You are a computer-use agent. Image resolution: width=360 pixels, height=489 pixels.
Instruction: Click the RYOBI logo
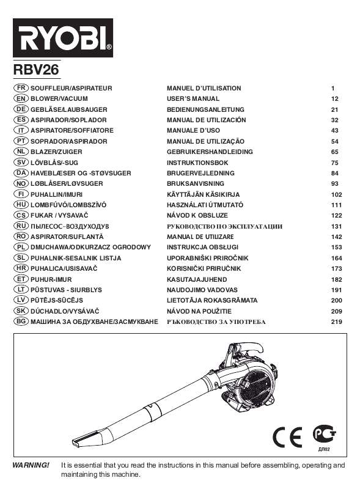pos(62,38)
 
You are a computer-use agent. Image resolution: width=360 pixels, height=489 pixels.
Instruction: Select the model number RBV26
pos(36,71)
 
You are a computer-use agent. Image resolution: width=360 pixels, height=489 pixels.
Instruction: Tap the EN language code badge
pos(20,98)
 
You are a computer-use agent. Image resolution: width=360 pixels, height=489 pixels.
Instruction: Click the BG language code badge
pos(20,322)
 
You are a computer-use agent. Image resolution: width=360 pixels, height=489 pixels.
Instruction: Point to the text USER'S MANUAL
pos(193,98)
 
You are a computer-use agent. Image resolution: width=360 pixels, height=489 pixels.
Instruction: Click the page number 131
pos(334,226)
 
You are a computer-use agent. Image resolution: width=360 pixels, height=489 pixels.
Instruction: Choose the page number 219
pos(334,322)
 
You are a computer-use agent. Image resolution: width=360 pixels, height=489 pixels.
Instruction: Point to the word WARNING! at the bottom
pos(31,466)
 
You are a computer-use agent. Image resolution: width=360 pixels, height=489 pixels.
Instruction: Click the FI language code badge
pos(20,194)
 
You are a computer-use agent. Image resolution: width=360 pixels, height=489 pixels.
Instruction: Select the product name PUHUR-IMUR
pos(51,279)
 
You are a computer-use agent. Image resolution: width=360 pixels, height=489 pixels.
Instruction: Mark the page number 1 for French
pos(333,88)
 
